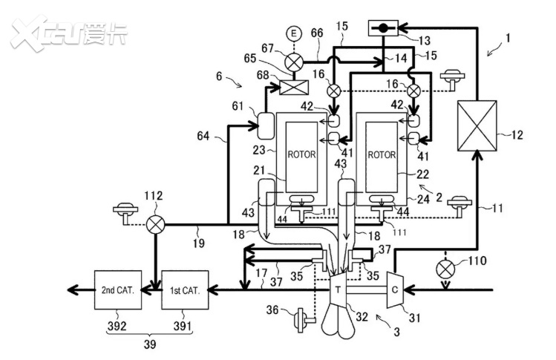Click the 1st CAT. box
tap(185, 290)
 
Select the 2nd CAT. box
tap(118, 290)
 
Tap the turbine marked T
tap(338, 289)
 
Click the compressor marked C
tap(395, 289)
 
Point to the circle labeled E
tap(294, 33)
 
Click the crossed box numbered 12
tap(477, 125)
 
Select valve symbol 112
tap(156, 224)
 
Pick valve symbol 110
tap(445, 269)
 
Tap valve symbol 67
tap(294, 63)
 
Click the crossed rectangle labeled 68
tap(294, 88)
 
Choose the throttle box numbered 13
tap(383, 28)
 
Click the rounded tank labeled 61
tap(265, 126)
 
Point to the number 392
tap(117, 326)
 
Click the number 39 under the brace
tap(150, 344)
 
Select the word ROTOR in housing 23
tap(302, 155)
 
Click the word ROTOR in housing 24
tap(382, 155)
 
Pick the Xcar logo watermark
tap(69, 33)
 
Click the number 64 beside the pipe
tap(203, 136)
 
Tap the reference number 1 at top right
tap(508, 38)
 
